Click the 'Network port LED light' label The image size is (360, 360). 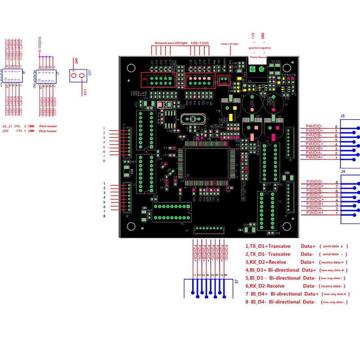171,42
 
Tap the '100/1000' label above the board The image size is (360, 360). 200,42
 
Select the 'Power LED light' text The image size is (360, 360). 229,44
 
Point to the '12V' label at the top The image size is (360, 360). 252,35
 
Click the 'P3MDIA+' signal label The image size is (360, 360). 315,212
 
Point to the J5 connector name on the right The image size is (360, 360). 342,116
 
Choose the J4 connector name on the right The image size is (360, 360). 342,171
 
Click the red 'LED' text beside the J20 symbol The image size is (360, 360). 85,93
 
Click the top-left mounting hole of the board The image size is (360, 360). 131,68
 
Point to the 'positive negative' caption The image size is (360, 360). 260,47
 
